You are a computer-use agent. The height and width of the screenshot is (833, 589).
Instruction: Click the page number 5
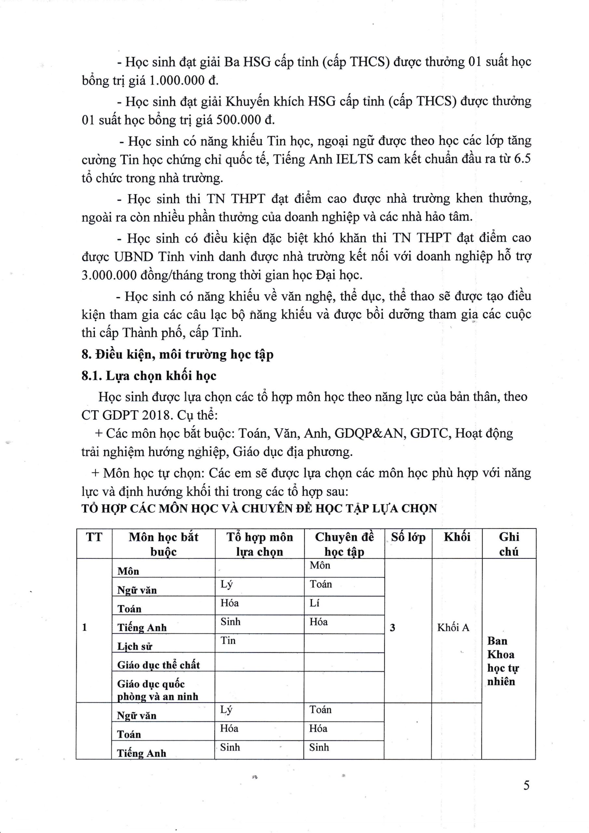526,785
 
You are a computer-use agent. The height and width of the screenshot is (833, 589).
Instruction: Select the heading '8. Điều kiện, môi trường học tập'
177,354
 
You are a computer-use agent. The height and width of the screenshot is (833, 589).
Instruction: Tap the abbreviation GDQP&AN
369,433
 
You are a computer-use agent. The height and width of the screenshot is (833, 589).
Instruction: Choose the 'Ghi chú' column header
509,544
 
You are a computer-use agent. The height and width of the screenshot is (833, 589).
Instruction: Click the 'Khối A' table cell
453,627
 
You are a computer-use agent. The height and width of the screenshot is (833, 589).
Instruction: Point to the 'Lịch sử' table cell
135,646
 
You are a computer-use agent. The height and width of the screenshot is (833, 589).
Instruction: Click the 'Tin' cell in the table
228,641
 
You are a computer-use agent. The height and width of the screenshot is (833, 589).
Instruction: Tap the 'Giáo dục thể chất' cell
158,665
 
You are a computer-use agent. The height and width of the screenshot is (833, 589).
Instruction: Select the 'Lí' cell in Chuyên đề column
314,603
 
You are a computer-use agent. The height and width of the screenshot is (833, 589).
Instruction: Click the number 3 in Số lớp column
392,628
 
